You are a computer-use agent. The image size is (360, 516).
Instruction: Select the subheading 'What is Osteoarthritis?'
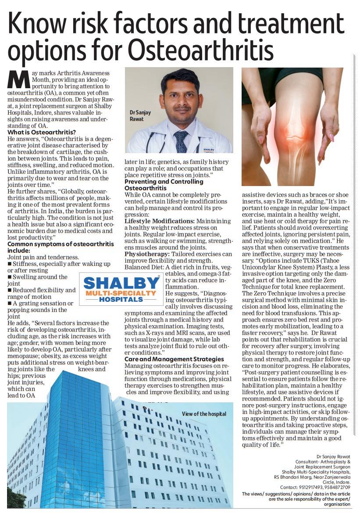point(42,132)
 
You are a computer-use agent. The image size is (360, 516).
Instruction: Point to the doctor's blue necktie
point(181,142)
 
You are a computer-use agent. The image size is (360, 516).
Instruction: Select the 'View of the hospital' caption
point(204,414)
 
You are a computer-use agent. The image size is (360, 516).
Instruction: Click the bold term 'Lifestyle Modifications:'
point(159,221)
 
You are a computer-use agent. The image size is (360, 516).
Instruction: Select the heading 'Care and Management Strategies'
point(174,359)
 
